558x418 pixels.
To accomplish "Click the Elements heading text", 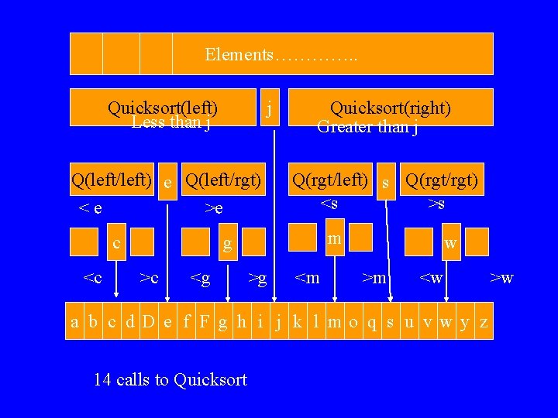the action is [x=281, y=55].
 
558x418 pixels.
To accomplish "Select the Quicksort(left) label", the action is [x=163, y=108].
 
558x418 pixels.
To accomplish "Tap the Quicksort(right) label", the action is [x=391, y=108].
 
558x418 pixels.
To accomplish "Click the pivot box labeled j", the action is [x=268, y=108].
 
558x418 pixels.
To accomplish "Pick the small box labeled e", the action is [x=167, y=183].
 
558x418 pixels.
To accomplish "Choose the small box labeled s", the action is [x=386, y=183].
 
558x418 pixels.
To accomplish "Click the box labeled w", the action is [x=449, y=242].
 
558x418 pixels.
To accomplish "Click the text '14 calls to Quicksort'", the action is [x=170, y=379].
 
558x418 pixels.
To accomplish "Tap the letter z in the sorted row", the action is [x=484, y=322].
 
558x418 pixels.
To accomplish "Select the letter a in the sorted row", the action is [x=74, y=322].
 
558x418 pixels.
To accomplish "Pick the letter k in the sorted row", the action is [x=297, y=322].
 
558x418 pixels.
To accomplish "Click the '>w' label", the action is [x=502, y=278].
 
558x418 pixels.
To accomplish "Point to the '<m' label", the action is [x=308, y=278].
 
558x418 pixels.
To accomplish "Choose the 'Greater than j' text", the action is [x=368, y=127].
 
